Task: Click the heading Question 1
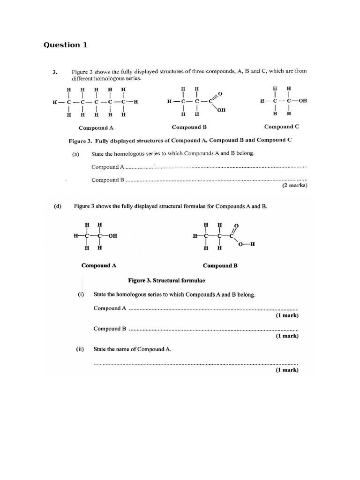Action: [x=65, y=45]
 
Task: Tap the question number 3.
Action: [x=55, y=72]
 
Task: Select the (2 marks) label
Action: [x=294, y=186]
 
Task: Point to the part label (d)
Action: [x=58, y=206]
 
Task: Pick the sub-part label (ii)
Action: [x=80, y=349]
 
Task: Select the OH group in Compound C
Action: [x=301, y=101]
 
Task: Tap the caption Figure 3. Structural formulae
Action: [x=166, y=280]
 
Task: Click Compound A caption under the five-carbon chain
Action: [x=96, y=127]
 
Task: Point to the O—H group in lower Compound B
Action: [x=247, y=244]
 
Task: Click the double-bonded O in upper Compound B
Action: [x=220, y=94]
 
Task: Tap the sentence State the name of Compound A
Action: [x=133, y=349]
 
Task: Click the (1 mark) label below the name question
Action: [x=287, y=370]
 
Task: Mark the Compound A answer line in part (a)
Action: [x=216, y=167]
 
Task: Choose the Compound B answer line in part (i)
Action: [x=213, y=329]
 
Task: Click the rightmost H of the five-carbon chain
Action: [x=136, y=101]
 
